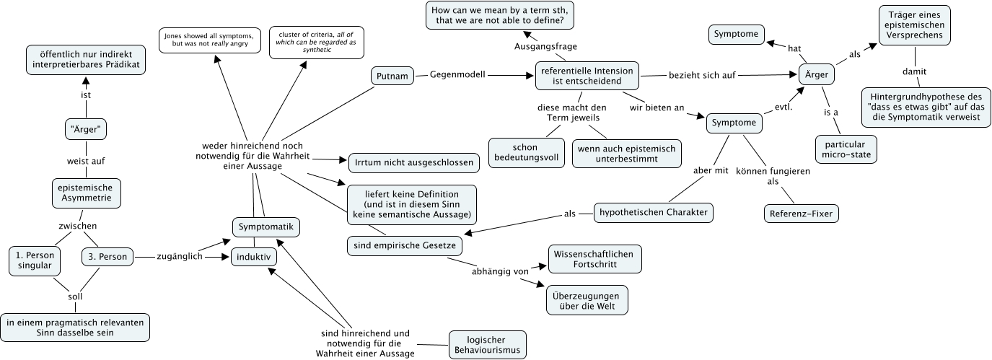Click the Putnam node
[x=392, y=75]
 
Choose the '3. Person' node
[x=107, y=256]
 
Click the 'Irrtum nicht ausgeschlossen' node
[x=413, y=162]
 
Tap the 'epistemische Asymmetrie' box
[x=86, y=193]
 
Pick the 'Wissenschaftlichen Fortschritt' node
[x=595, y=259]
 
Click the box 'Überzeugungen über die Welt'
[x=587, y=299]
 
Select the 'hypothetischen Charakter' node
[x=653, y=212]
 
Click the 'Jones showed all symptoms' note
[x=207, y=40]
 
